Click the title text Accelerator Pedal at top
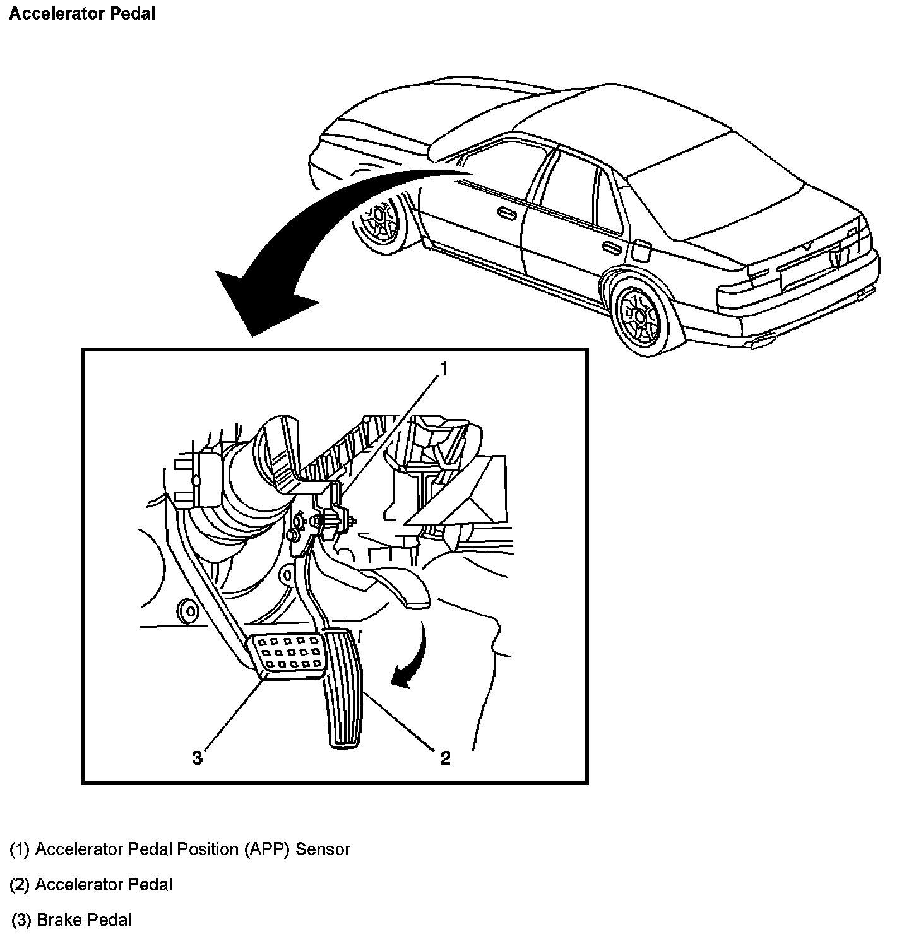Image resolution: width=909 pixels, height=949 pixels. click(x=82, y=14)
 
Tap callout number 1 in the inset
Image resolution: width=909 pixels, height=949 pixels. click(x=444, y=368)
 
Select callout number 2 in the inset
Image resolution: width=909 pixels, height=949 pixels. click(x=445, y=758)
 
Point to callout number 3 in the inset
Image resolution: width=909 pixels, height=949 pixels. click(x=198, y=758)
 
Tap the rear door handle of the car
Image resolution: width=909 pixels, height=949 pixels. click(x=610, y=247)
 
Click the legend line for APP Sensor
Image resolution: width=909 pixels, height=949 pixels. click(x=180, y=849)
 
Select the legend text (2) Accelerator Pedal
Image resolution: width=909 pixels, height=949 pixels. click(x=91, y=885)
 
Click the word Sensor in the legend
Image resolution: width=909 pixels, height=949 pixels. click(x=323, y=849)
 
